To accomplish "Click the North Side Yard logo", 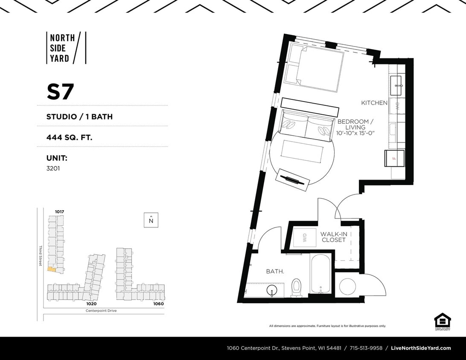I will [x=66, y=48].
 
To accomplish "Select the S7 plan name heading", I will [x=60, y=92].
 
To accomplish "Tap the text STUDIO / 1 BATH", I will [x=79, y=116].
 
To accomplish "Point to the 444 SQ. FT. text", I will [x=69, y=137].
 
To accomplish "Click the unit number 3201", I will [x=54, y=168].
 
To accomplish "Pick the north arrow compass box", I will [x=151, y=220].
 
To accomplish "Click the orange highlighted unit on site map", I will [x=51, y=269].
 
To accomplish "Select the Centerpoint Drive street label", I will [x=101, y=311].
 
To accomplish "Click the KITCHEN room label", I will [x=374, y=103].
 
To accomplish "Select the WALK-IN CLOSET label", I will [x=334, y=237].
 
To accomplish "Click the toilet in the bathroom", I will [x=296, y=287].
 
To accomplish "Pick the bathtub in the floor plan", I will [x=320, y=274].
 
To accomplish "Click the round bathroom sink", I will [x=271, y=291].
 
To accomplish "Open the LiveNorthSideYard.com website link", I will [x=421, y=348].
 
